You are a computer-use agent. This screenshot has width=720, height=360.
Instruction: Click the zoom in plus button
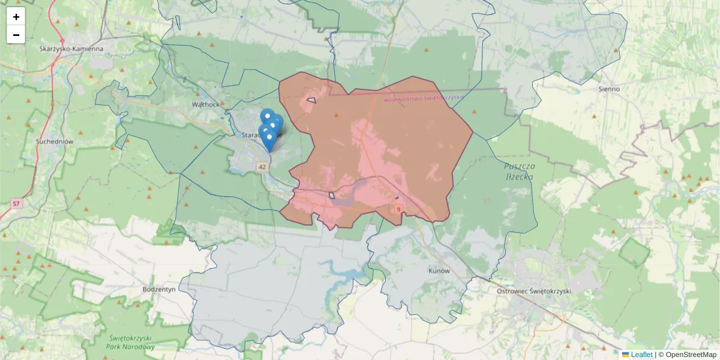[16, 17]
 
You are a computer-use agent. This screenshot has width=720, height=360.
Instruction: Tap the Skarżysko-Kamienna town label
[71, 49]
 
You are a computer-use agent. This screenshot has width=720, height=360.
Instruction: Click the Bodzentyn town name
[158, 289]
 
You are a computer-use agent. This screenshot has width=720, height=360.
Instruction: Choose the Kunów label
[439, 271]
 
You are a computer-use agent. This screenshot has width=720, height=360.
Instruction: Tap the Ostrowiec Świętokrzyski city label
[534, 291]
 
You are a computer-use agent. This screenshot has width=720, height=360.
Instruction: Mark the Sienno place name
[609, 89]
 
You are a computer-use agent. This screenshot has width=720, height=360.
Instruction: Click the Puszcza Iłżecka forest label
[519, 171]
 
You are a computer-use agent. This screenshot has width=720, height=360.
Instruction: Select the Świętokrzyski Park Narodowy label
[130, 342]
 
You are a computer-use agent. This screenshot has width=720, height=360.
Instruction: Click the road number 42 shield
[262, 167]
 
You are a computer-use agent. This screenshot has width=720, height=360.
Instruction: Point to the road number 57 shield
[16, 205]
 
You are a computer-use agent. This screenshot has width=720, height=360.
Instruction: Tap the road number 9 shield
[398, 209]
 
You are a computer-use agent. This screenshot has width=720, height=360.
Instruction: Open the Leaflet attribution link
[641, 355]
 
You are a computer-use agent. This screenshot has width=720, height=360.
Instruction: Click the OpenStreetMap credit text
[687, 355]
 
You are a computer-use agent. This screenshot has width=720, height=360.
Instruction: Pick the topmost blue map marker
[267, 116]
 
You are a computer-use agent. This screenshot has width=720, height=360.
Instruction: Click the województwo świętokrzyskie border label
[425, 98]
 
